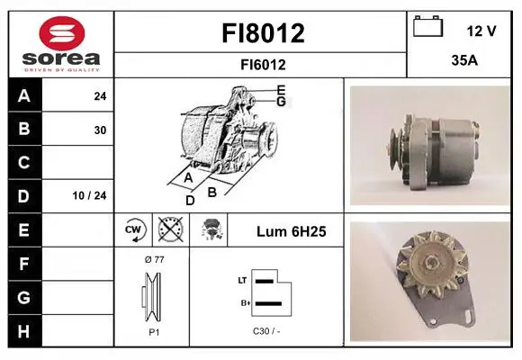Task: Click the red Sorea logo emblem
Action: pyautogui.click(x=62, y=33)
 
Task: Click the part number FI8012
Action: pyautogui.click(x=263, y=33)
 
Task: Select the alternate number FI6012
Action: pyautogui.click(x=263, y=65)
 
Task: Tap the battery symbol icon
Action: pyautogui.click(x=428, y=26)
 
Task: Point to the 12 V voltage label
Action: pyautogui.click(x=481, y=31)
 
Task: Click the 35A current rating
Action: pyautogui.click(x=464, y=60)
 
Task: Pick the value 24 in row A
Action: pyautogui.click(x=100, y=96)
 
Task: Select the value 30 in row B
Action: pyautogui.click(x=100, y=130)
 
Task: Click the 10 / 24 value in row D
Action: pyautogui.click(x=89, y=195)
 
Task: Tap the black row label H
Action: pyautogui.click(x=24, y=331)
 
